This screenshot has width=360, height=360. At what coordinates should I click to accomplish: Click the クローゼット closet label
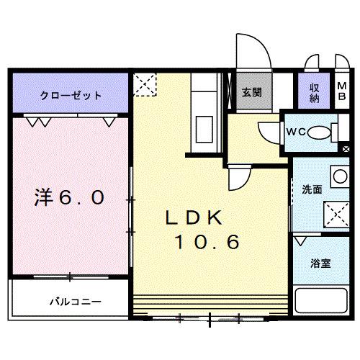71,95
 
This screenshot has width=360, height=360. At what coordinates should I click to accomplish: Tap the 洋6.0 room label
71,197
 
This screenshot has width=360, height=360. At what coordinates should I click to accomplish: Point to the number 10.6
205,243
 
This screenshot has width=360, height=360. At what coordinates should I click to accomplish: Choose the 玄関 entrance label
251,91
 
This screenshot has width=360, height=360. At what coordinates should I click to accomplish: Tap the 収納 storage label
315,92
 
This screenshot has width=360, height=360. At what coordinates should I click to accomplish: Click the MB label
342,92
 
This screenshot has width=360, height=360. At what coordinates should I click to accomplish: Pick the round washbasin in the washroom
337,176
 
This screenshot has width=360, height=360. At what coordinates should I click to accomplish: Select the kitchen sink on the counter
202,129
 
